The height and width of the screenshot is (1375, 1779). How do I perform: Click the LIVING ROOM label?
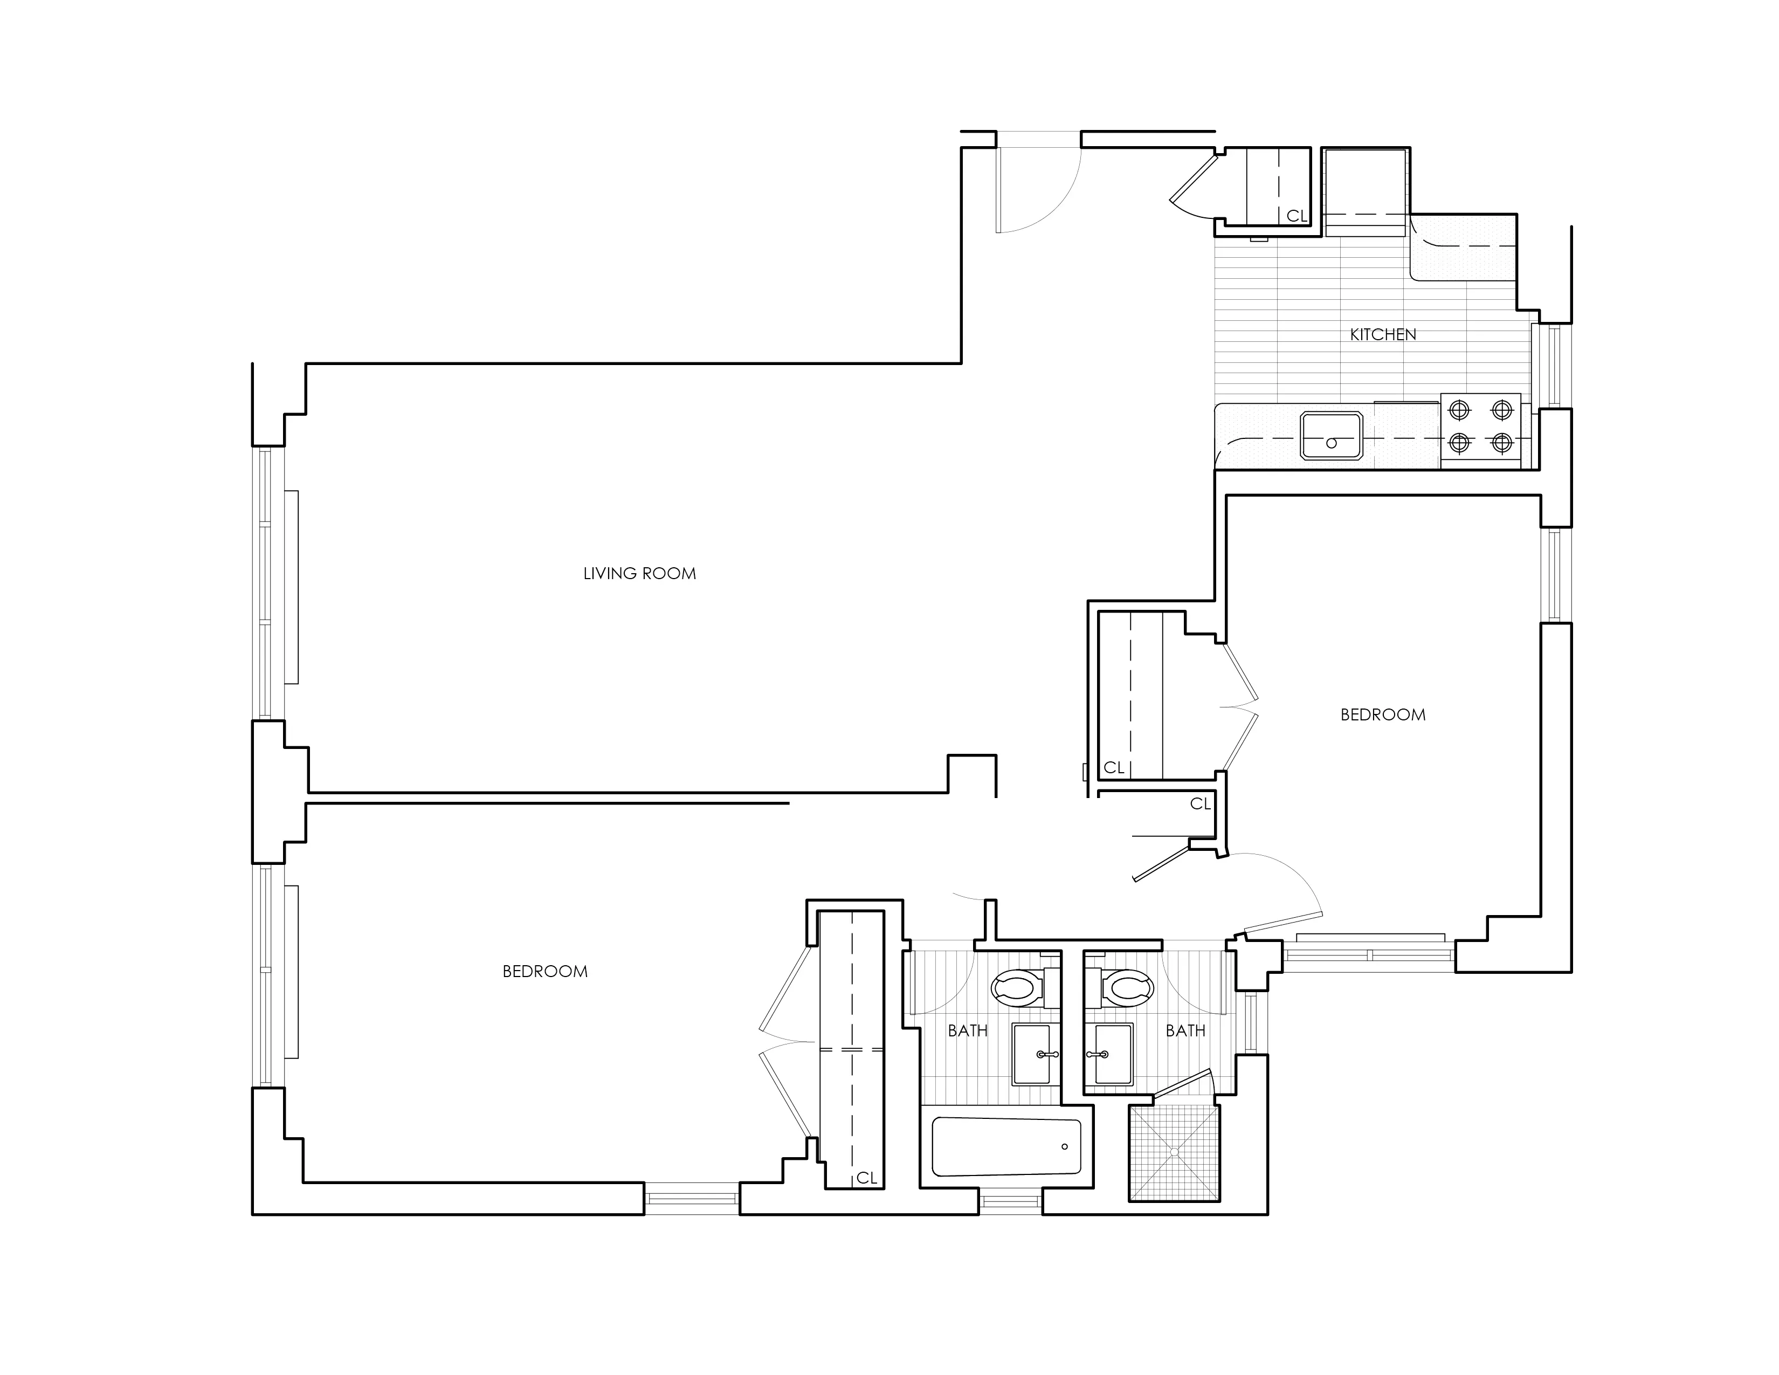tap(639, 574)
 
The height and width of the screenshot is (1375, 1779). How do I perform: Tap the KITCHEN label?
tap(1383, 334)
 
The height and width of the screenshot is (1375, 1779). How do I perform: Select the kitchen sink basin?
tap(1332, 437)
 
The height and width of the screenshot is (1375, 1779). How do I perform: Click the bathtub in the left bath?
tap(1007, 1147)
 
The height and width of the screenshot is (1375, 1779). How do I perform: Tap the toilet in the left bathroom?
tap(1018, 988)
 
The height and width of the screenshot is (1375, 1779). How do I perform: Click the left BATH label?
tap(968, 1030)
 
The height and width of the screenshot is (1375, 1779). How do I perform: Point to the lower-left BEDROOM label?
tap(545, 971)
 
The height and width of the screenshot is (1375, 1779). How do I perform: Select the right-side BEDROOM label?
tap(1383, 714)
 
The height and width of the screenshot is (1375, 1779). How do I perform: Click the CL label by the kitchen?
tap(1296, 216)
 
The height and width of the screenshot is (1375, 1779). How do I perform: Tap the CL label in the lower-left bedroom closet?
tap(867, 1178)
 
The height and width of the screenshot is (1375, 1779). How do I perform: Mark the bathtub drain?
tap(1065, 1147)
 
